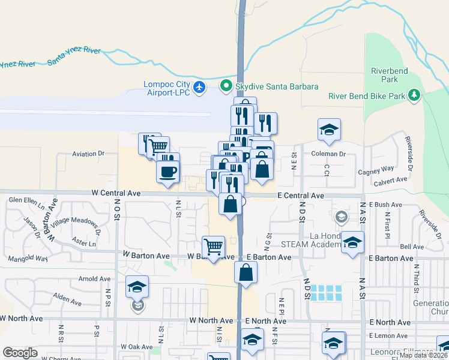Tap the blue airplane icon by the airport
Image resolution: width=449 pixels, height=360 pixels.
pyautogui.click(x=200, y=88)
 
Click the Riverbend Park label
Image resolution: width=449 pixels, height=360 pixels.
pyautogui.click(x=389, y=75)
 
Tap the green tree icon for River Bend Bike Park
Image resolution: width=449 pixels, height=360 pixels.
pyautogui.click(x=414, y=95)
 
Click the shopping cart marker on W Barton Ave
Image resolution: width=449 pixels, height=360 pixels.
pyautogui.click(x=214, y=247)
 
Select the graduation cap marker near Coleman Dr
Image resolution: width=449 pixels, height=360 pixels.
pyautogui.click(x=329, y=130)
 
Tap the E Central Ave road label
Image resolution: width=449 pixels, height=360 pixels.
pyautogui.click(x=301, y=196)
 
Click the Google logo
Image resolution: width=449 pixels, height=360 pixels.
pyautogui.click(x=20, y=353)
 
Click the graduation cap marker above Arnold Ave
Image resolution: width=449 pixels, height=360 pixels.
pyautogui.click(x=137, y=286)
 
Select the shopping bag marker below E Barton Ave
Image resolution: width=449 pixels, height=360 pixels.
pyautogui.click(x=246, y=272)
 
